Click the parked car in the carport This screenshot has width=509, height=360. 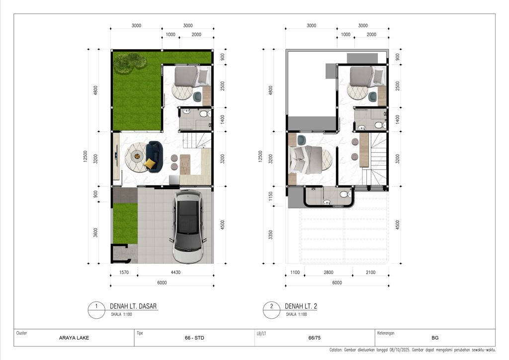188,226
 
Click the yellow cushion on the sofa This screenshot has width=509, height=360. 149,164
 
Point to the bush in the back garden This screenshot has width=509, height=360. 130,62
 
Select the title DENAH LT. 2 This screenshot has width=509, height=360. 301,306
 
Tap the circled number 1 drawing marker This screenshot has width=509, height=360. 95,307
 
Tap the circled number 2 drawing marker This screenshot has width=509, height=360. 271,307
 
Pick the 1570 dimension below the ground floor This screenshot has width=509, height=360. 124,272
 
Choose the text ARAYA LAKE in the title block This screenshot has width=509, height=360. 74,338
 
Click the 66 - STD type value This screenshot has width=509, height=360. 194,338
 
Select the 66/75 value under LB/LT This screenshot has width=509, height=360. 314,338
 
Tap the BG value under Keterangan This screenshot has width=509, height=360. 435,338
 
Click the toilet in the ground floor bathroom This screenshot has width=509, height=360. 203,114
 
